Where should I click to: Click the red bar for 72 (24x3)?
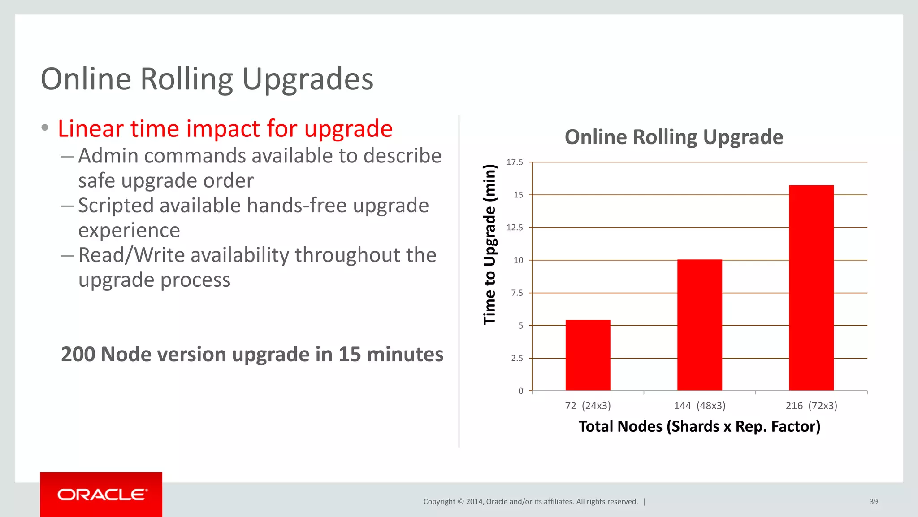click(588, 355)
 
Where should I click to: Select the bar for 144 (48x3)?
click(699, 325)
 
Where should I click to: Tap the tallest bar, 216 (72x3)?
click(811, 288)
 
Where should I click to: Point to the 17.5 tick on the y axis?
click(515, 162)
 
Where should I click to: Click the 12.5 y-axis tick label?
click(515, 228)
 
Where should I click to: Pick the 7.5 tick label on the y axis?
click(517, 293)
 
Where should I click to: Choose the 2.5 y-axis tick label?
click(517, 358)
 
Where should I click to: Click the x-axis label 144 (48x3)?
click(699, 406)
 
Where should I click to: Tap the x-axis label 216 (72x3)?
click(811, 406)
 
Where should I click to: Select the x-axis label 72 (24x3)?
click(588, 406)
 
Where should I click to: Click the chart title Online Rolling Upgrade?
click(674, 137)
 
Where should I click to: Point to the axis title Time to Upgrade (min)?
click(489, 245)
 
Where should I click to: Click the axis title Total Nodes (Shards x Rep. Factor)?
click(699, 426)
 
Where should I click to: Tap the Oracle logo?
click(101, 495)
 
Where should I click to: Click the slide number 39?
click(874, 502)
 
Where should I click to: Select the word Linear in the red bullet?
click(90, 129)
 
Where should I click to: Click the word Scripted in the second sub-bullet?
click(116, 206)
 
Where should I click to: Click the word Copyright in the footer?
click(439, 502)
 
